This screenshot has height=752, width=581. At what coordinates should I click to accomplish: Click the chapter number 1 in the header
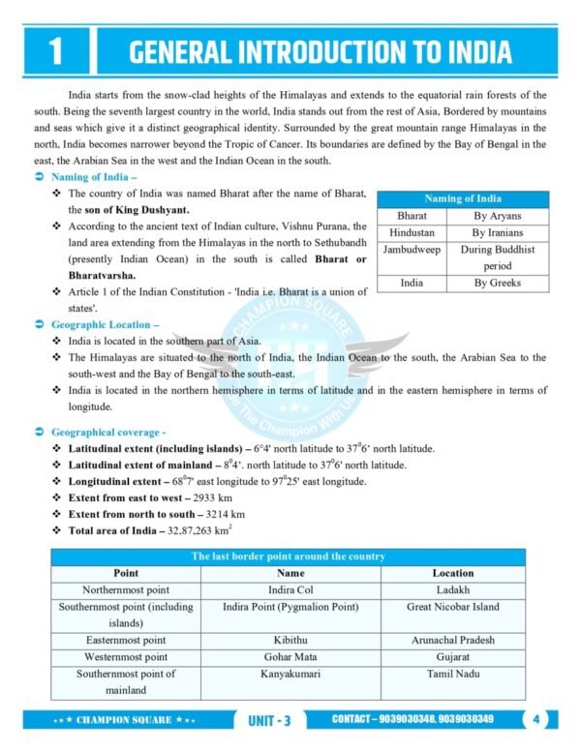point(54,51)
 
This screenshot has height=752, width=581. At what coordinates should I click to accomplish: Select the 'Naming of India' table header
point(463,199)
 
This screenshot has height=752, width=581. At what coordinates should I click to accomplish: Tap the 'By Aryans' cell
point(497,216)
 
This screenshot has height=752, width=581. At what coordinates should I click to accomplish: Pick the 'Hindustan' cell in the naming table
point(412,232)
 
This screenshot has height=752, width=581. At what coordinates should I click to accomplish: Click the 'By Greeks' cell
point(497,283)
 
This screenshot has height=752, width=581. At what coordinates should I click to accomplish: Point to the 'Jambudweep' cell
point(412,249)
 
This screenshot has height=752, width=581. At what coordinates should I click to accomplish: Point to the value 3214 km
point(225,513)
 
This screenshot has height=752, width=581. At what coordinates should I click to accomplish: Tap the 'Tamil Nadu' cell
point(453,674)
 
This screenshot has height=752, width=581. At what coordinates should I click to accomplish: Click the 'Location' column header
point(453,573)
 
